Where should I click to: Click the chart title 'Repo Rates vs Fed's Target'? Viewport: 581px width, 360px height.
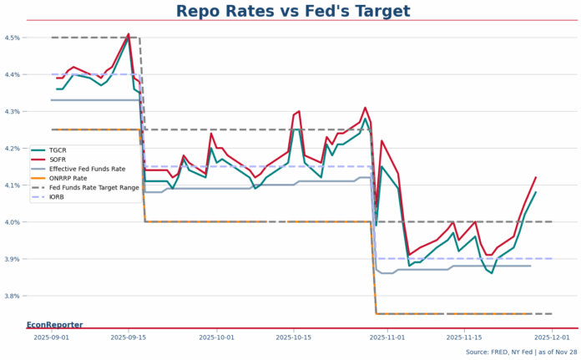pyautogui.click(x=293, y=11)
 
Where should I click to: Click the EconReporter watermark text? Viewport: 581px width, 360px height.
pyautogui.click(x=55, y=324)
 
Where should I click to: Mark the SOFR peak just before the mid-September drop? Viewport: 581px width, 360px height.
pyautogui.click(x=129, y=34)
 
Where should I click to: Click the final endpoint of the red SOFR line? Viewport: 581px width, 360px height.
pyautogui.click(x=536, y=177)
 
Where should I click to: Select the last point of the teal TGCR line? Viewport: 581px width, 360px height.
pyautogui.click(x=536, y=192)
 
